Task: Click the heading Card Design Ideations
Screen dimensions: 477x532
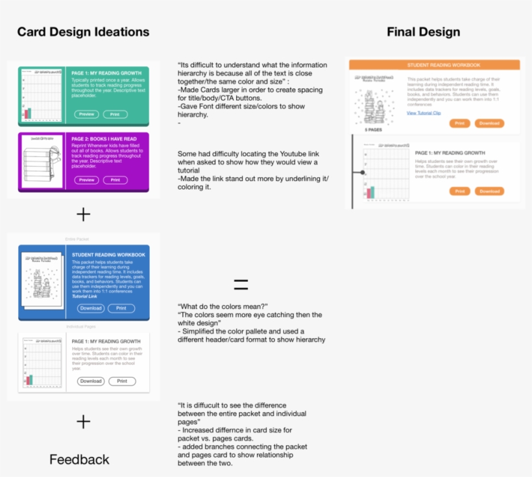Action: pos(83,32)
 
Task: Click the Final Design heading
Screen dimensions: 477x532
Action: pos(423,32)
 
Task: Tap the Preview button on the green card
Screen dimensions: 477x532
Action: pos(86,114)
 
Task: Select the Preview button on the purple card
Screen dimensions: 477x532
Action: pos(86,180)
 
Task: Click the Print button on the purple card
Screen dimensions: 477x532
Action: pos(115,180)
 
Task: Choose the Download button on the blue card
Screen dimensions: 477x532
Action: pos(91,308)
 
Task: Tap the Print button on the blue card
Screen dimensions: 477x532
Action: pos(121,308)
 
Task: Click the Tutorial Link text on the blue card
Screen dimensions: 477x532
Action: pos(85,296)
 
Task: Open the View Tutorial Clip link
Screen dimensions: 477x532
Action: pos(424,113)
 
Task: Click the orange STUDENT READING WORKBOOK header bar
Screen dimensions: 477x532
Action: pos(434,65)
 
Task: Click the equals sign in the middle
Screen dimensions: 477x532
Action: pos(241,284)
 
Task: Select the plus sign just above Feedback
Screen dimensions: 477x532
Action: pos(83,422)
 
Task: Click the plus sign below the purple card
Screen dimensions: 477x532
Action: pos(83,214)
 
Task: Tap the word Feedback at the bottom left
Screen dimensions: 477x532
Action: pos(80,459)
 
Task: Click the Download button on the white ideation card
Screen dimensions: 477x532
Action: pos(91,381)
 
